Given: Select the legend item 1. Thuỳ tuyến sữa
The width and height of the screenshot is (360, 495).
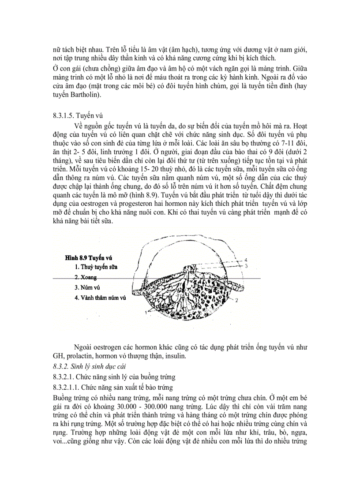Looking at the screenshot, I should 96,267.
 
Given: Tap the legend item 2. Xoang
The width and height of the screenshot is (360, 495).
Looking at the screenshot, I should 86,277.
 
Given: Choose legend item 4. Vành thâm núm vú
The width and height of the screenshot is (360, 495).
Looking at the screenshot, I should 101,298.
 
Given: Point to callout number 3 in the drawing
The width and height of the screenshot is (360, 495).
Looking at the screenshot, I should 247,266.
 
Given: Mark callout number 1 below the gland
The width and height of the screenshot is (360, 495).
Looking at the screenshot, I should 145,312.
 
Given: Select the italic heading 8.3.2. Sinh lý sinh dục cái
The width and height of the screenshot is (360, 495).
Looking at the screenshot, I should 83,367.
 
